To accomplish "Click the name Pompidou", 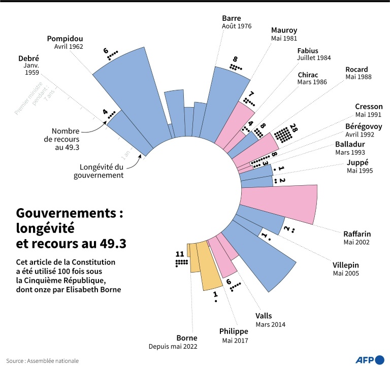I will coord(64,38).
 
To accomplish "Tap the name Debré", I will coord(28,58).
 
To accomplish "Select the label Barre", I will coord(232,17).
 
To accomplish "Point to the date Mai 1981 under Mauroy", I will coord(284,38).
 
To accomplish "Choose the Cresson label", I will coord(369,107).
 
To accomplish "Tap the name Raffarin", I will coord(356,234).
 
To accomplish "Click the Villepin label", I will coord(346,264).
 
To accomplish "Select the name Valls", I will coord(264,316).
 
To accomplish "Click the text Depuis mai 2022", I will coord(173,347).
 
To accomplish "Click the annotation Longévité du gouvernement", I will coord(102,171).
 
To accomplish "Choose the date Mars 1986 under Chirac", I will coord(312,82).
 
